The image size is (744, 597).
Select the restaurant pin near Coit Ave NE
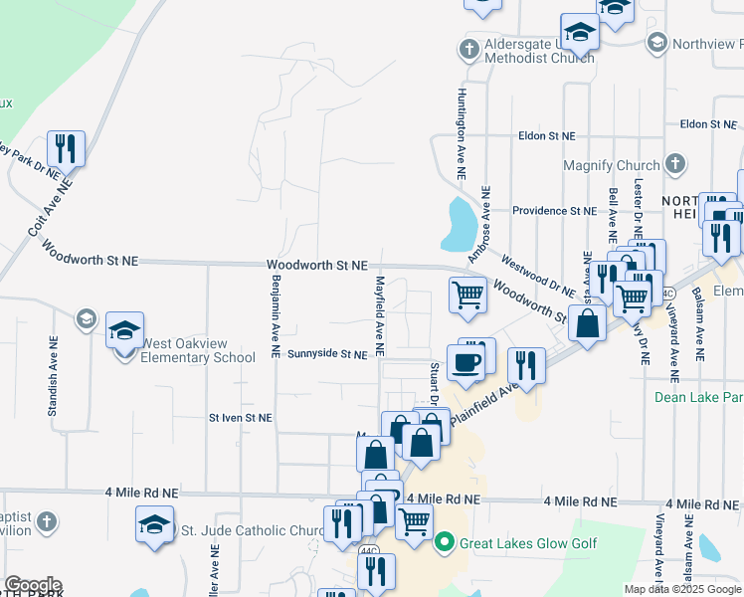tap(66, 149)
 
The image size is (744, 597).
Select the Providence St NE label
tap(554, 211)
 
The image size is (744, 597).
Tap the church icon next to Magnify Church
tap(674, 164)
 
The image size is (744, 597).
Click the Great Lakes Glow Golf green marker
tap(444, 542)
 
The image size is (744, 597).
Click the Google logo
tap(33, 585)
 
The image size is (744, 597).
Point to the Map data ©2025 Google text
tap(682, 589)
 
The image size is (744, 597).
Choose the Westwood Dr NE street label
tap(539, 280)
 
